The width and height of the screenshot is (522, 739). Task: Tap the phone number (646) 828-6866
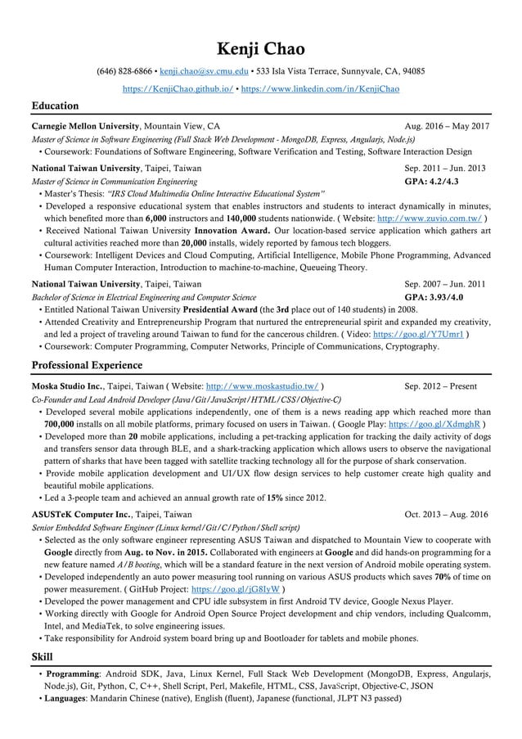coord(123,72)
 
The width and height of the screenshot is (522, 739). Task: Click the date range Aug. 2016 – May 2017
coord(447,127)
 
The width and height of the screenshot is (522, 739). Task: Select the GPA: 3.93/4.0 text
coord(439,297)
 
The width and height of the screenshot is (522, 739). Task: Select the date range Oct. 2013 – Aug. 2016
coord(447,514)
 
